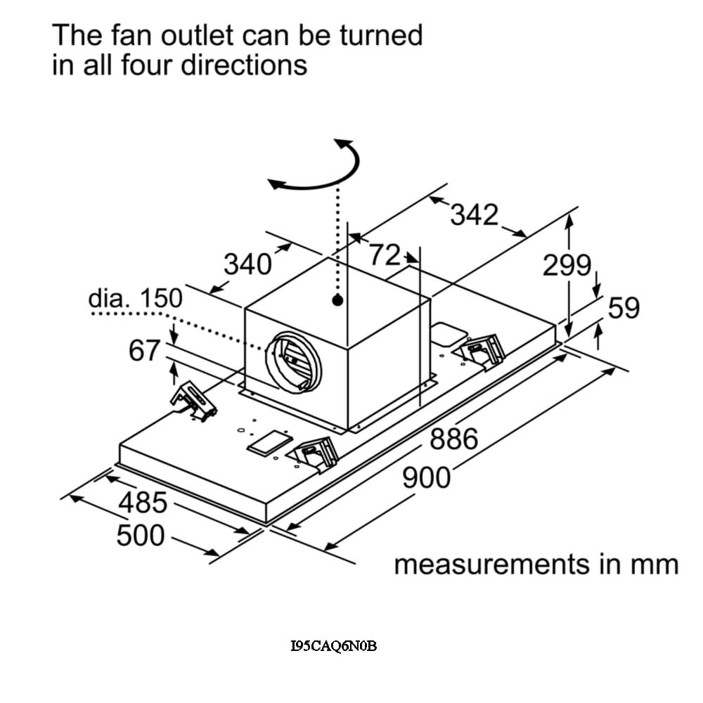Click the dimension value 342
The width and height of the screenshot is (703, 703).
click(x=474, y=214)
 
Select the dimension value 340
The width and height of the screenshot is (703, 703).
click(x=247, y=264)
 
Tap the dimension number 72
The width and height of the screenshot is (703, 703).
click(x=385, y=254)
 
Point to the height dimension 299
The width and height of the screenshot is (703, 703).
click(x=567, y=266)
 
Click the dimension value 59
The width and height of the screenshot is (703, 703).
click(x=623, y=307)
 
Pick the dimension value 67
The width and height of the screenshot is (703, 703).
click(x=146, y=350)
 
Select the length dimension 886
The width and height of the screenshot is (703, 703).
click(x=453, y=440)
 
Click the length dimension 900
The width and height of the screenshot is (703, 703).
click(x=426, y=478)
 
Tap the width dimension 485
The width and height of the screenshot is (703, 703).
click(x=143, y=503)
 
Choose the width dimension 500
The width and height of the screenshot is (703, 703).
click(x=141, y=536)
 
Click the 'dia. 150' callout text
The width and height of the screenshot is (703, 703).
click(x=135, y=298)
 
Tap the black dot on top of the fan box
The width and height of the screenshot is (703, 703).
click(x=338, y=300)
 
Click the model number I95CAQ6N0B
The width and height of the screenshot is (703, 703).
click(x=333, y=646)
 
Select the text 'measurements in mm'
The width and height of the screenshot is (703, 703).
click(x=536, y=565)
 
